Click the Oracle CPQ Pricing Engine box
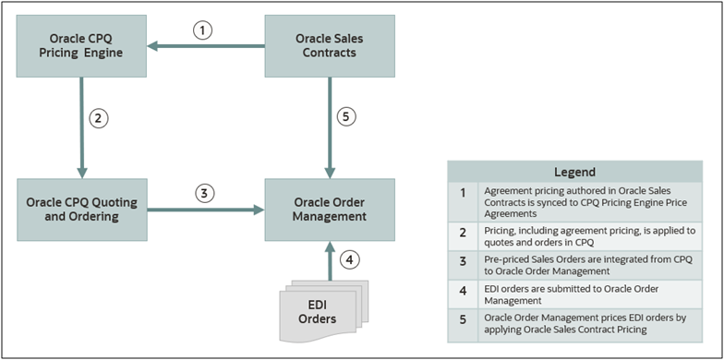[x=81, y=46]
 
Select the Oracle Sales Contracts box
[x=330, y=46]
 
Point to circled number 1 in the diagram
[x=204, y=30]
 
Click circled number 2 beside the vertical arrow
[x=98, y=118]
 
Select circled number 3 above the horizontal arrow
[x=204, y=194]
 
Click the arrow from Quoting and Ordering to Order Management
[x=203, y=210]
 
